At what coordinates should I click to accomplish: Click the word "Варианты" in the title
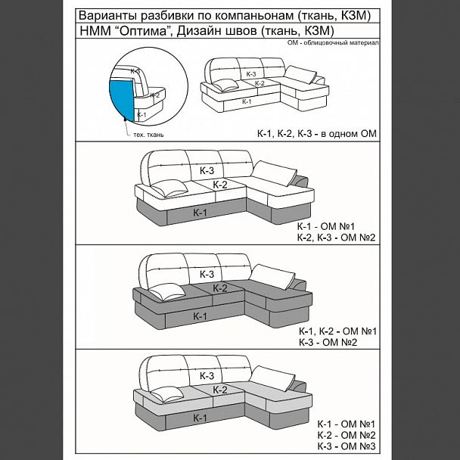(107, 15)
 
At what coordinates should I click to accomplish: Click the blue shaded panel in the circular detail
(121, 95)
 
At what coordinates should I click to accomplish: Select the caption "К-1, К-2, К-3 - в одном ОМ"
(316, 135)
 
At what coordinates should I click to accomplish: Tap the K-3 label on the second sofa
(207, 172)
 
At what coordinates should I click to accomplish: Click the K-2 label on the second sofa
(220, 185)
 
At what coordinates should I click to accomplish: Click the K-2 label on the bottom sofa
(220, 390)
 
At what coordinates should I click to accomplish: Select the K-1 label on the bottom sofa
(200, 418)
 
